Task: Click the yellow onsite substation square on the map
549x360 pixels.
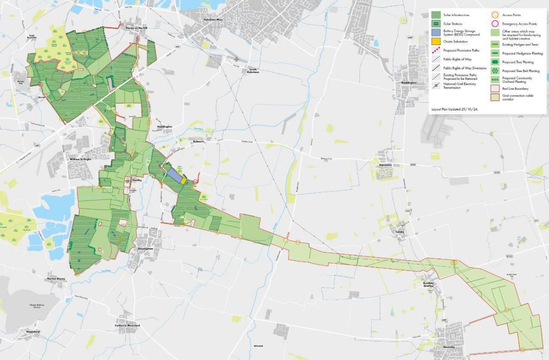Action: click(x=183, y=181)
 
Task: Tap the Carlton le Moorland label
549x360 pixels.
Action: click(x=127, y=326)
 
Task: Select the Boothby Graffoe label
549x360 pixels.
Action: click(x=428, y=284)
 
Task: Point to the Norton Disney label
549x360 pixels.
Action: click(x=56, y=279)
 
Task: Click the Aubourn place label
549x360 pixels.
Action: click(x=199, y=141)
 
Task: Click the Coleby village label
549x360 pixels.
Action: click(x=398, y=232)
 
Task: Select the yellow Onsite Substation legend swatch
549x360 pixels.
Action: click(x=436, y=42)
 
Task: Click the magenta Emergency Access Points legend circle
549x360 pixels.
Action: click(x=495, y=24)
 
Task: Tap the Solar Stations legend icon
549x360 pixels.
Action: click(x=436, y=24)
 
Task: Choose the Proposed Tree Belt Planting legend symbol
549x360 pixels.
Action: click(x=495, y=71)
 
